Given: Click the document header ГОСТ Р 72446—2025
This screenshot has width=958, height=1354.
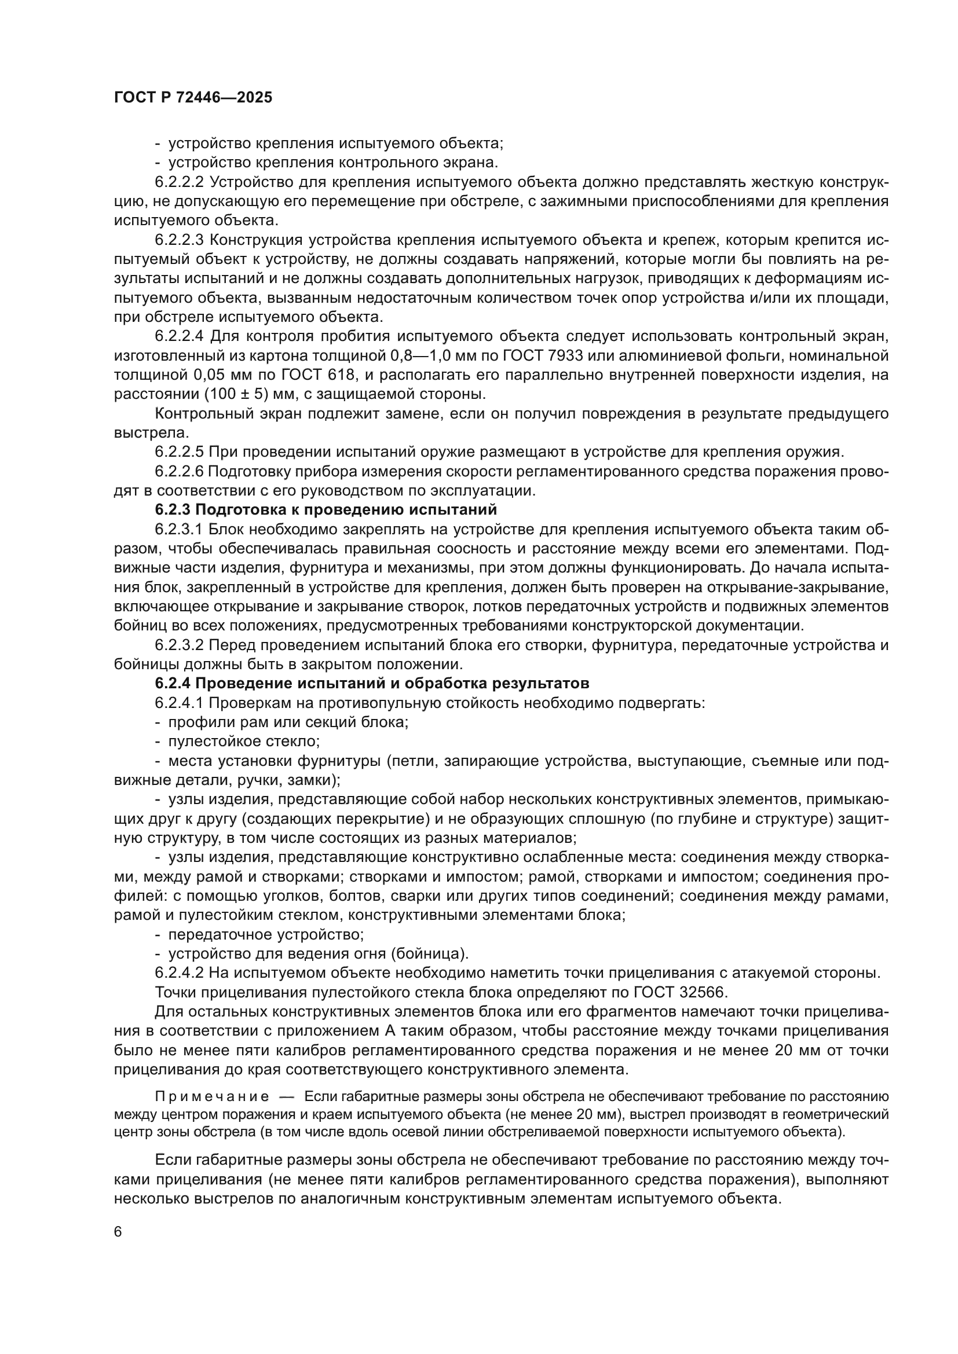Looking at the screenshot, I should point(193,98).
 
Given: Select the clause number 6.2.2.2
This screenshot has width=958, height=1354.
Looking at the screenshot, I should point(180,182).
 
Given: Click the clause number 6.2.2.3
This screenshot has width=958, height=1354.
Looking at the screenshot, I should point(180,240).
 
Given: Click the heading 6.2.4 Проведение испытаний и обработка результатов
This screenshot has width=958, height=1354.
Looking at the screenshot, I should point(372,684).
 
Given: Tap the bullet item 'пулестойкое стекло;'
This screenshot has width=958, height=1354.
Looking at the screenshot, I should point(244,742).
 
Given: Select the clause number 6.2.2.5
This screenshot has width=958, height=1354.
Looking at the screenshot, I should point(180,452).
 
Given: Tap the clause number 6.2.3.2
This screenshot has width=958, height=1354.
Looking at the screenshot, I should point(180,644).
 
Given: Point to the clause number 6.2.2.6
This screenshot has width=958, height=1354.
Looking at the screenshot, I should point(180,471).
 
